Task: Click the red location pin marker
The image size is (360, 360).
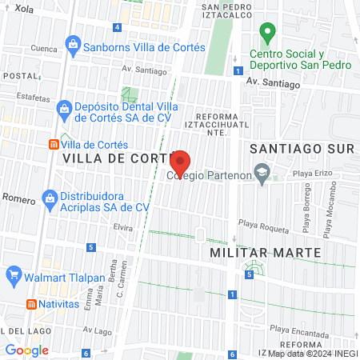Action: [181, 163]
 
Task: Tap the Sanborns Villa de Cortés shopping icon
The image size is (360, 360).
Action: [74, 45]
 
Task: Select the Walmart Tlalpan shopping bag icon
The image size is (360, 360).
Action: [13, 278]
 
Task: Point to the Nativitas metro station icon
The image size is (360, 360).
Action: [30, 304]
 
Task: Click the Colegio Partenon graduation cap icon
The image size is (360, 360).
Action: [261, 172]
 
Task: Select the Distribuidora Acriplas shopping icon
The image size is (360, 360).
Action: [50, 197]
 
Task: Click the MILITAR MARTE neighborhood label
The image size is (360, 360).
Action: [265, 252]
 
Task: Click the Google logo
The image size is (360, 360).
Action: [26, 350]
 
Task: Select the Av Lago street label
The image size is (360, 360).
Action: [94, 329]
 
